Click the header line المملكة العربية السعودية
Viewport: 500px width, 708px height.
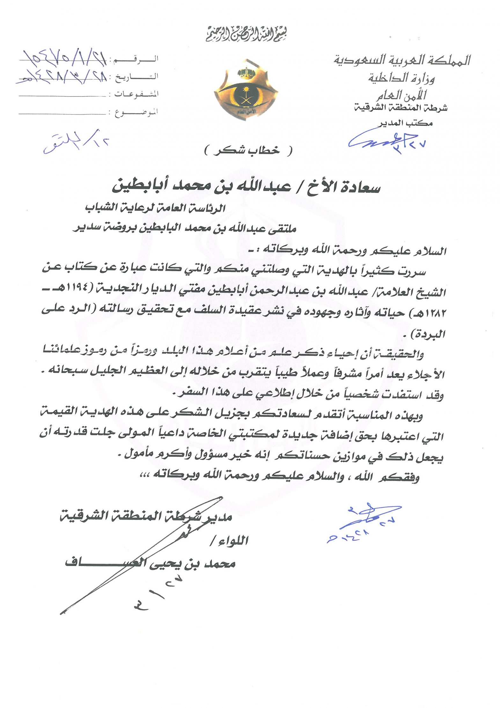pyautogui.click(x=402, y=60)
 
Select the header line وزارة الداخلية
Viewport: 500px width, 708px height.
pyautogui.click(x=401, y=78)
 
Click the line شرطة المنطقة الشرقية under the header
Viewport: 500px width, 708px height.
pyautogui.click(x=401, y=108)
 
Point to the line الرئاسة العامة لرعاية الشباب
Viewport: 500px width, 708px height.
pyautogui.click(x=155, y=209)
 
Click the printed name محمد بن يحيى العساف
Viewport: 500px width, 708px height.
pyautogui.click(x=150, y=564)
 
